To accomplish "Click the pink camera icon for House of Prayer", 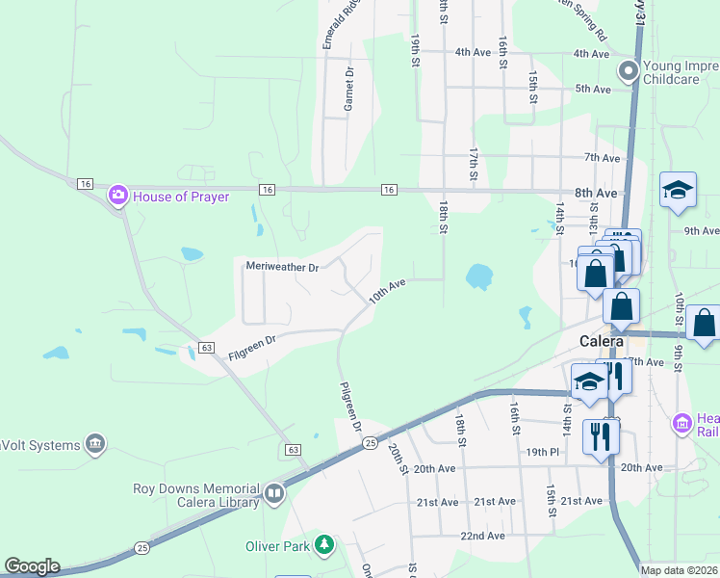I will (x=118, y=197).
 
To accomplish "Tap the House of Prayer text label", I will (x=181, y=197).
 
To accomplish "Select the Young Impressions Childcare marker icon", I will (x=630, y=70).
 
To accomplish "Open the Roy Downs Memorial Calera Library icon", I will (x=274, y=495).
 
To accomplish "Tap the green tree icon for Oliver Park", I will (x=325, y=546).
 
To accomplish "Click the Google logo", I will (x=31, y=566).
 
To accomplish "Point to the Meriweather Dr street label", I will (x=281, y=267).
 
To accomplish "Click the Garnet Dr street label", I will (x=348, y=89).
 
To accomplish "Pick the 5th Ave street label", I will (x=592, y=89).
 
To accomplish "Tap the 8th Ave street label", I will (x=597, y=193).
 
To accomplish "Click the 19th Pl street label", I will (x=542, y=451).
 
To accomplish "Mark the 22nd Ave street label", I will (x=482, y=536).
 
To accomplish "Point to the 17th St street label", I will (x=473, y=164).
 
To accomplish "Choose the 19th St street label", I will (x=416, y=50).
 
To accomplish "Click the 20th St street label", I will (x=397, y=457).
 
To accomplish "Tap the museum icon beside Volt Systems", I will (x=94, y=443).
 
